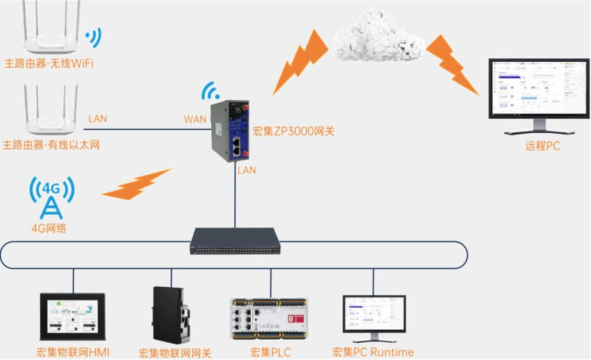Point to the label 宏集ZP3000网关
(x=294, y=132)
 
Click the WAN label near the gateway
(x=195, y=119)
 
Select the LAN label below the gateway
(x=246, y=170)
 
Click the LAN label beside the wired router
(x=98, y=119)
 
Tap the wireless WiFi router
(x=52, y=35)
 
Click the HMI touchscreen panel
(x=72, y=316)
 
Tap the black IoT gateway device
(x=171, y=314)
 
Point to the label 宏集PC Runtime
(x=373, y=352)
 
